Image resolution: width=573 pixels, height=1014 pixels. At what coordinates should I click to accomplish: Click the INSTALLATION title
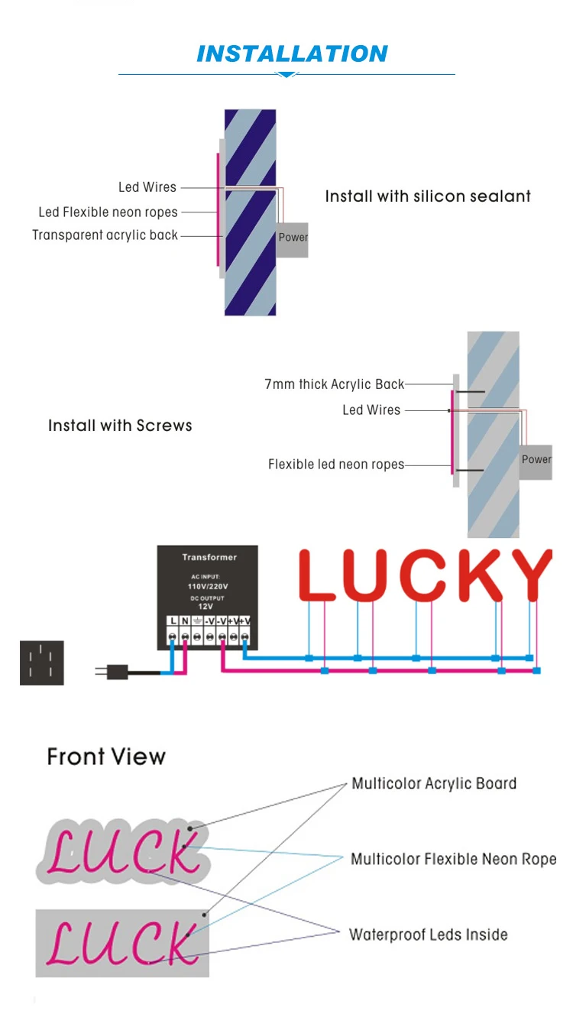(x=292, y=54)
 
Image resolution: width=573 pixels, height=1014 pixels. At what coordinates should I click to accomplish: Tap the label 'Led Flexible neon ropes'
(x=108, y=212)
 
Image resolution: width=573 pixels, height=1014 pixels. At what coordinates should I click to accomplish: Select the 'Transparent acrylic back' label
(x=105, y=235)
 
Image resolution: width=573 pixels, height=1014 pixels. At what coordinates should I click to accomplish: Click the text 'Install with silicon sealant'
(x=428, y=196)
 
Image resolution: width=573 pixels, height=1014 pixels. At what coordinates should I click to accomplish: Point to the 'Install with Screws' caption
(x=120, y=426)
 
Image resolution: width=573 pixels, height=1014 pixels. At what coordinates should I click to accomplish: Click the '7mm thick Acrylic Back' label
(x=334, y=384)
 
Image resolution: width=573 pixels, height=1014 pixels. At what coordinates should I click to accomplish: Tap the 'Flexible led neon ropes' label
(x=335, y=465)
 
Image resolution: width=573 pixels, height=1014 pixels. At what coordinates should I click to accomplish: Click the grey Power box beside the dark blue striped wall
(x=292, y=237)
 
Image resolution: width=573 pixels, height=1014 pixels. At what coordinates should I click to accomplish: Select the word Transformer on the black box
(x=209, y=557)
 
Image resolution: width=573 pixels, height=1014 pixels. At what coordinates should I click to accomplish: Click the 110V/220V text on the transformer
(x=208, y=586)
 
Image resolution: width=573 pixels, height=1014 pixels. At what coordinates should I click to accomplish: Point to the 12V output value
(x=206, y=606)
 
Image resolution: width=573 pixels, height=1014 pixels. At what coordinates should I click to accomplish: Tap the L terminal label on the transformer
(x=173, y=620)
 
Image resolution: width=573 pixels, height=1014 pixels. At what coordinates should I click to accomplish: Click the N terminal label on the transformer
(x=185, y=620)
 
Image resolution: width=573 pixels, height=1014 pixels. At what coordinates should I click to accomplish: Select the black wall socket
(x=41, y=663)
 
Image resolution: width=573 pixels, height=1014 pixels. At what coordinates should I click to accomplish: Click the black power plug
(x=117, y=672)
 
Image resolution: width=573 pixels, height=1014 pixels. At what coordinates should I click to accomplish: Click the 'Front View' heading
(x=106, y=756)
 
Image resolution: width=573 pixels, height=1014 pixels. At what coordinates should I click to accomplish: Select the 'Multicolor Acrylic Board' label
(x=433, y=783)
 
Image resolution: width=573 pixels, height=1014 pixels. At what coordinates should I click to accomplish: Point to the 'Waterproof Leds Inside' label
(x=428, y=935)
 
